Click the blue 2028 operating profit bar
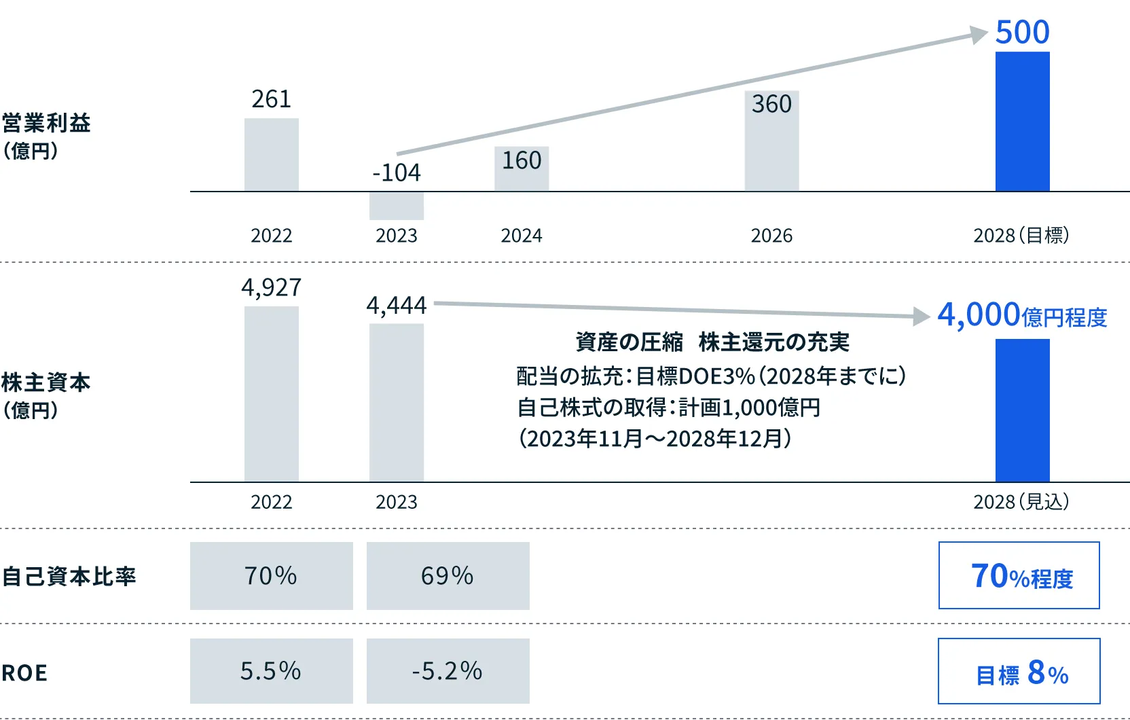pyautogui.click(x=1022, y=122)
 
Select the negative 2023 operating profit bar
pyautogui.click(x=397, y=206)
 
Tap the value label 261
pyautogui.click(x=271, y=99)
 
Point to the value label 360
pyautogui.click(x=771, y=104)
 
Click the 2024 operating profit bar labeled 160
pyautogui.click(x=522, y=170)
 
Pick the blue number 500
pyautogui.click(x=1022, y=32)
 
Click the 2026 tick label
pyautogui.click(x=771, y=236)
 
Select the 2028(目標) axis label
pyautogui.click(x=1021, y=236)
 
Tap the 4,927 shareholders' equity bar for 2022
pyautogui.click(x=272, y=394)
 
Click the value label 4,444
pyautogui.click(x=397, y=306)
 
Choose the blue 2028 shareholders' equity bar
pyautogui.click(x=1022, y=410)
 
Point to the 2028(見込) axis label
pyautogui.click(x=1021, y=502)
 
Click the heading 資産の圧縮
pyautogui.click(x=629, y=342)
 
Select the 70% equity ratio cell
pyautogui.click(x=271, y=576)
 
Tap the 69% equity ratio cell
pyautogui.click(x=448, y=576)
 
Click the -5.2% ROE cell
pyautogui.click(x=448, y=671)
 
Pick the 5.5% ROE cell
pyautogui.click(x=271, y=671)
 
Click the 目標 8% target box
pyautogui.click(x=1019, y=671)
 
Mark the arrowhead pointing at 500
pyautogui.click(x=979, y=35)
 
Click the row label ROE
pyautogui.click(x=25, y=673)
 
